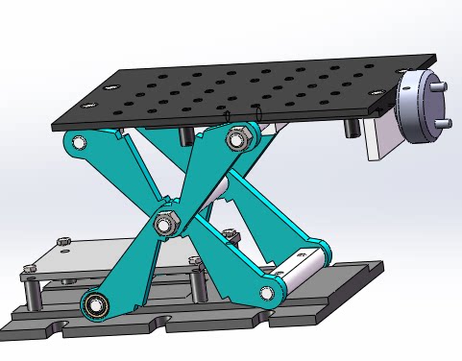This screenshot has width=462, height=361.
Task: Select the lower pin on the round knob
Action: [445, 124]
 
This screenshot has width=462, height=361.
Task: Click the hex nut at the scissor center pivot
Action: [165, 225]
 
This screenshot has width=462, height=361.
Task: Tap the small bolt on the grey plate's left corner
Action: [65, 239]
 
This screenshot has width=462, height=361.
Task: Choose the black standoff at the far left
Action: [32, 292]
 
